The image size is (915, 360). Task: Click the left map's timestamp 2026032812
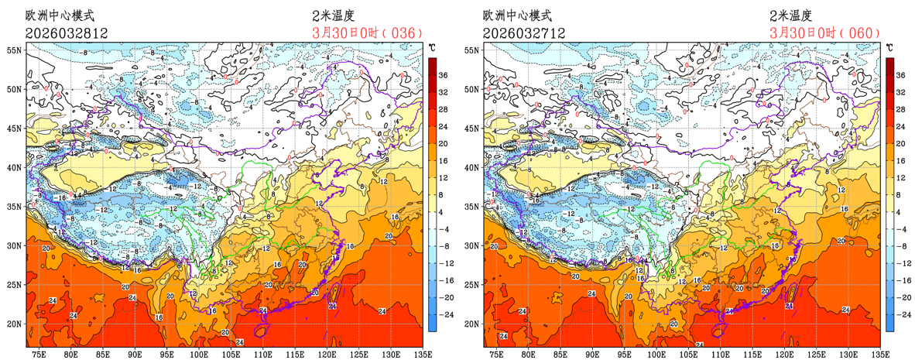66,33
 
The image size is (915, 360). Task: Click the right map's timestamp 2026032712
523,33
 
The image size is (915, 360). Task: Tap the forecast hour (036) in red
404,33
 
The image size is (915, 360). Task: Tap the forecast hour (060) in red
861,33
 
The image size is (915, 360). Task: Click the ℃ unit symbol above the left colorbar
432,48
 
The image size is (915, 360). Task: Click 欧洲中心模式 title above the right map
517,15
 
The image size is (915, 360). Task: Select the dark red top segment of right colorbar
890,63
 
